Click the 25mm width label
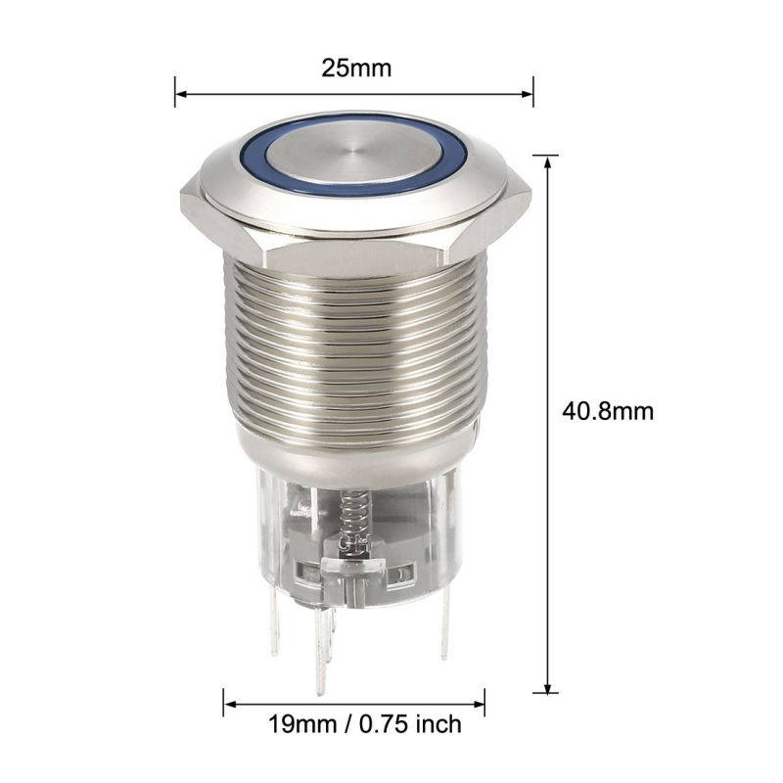356,69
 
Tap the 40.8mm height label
608,411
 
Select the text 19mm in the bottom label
295,725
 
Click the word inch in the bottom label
437,725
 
